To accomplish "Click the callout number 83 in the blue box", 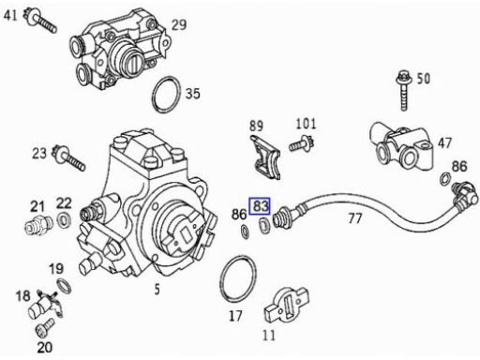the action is (261, 206).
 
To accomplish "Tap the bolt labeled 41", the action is (41, 21).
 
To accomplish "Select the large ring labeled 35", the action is (167, 94).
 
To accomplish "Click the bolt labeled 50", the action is (403, 91).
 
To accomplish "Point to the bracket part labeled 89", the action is (265, 157).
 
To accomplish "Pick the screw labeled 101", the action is (302, 144).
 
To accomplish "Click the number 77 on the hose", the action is (355, 218).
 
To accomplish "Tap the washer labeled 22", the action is (64, 219).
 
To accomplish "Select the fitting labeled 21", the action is (38, 225).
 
